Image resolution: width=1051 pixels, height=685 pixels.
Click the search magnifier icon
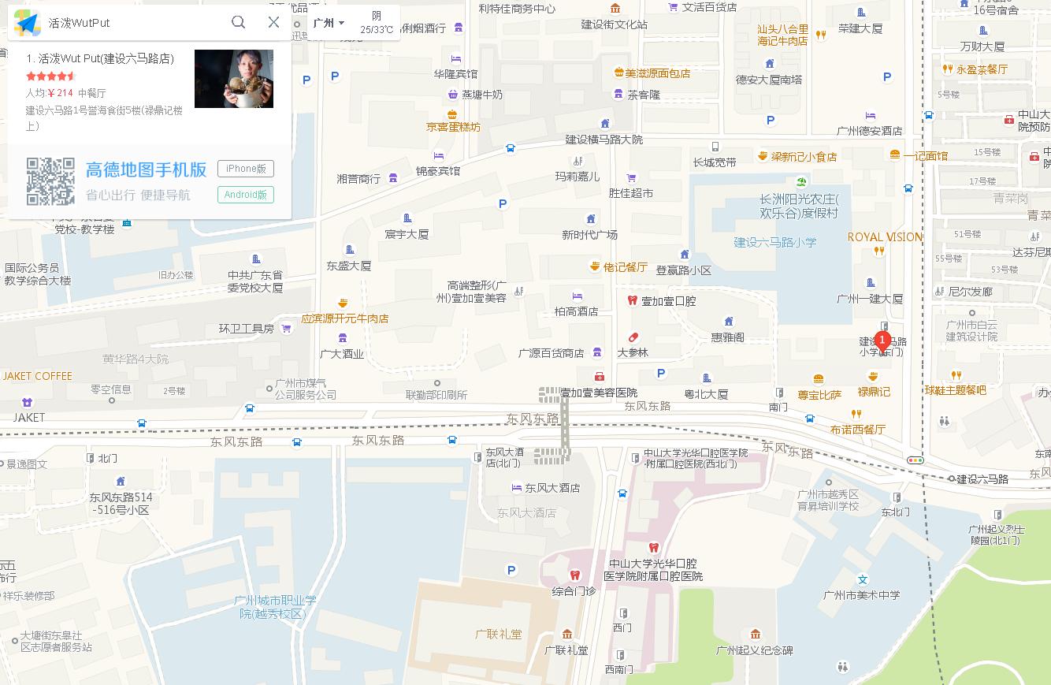click(x=238, y=22)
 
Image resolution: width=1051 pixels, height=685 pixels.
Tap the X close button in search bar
click(x=273, y=22)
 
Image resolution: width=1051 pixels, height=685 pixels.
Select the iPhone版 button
click(x=246, y=168)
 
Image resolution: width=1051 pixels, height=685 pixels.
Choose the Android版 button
click(x=246, y=195)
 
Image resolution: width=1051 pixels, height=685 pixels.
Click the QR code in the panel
click(x=50, y=181)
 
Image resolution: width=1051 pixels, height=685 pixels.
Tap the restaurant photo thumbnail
click(x=234, y=79)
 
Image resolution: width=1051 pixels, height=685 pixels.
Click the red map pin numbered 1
click(x=883, y=341)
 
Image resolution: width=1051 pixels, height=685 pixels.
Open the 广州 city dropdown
click(x=329, y=23)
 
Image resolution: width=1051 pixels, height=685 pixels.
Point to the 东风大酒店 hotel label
click(x=552, y=488)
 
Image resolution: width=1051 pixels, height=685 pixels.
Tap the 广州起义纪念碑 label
click(x=754, y=650)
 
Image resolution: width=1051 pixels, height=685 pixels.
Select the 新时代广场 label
click(x=590, y=234)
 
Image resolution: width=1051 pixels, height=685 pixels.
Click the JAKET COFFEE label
click(x=38, y=376)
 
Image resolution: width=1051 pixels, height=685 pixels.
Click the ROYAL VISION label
click(x=885, y=237)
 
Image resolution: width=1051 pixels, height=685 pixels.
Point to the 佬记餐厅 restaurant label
click(x=625, y=267)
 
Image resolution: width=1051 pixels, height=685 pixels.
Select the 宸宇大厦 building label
click(x=407, y=234)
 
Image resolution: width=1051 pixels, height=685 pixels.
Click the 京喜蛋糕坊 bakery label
click(x=453, y=127)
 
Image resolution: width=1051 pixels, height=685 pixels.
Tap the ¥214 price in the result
click(x=61, y=93)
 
